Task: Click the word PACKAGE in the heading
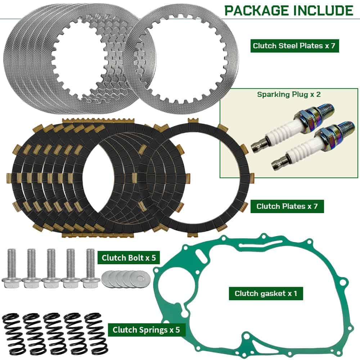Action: click(x=257, y=10)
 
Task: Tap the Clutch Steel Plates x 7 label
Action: click(x=294, y=46)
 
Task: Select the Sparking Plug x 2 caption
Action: click(x=289, y=94)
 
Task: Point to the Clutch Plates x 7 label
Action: click(x=287, y=206)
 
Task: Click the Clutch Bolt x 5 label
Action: click(x=129, y=258)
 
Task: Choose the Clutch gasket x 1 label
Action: click(x=266, y=293)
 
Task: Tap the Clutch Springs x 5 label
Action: click(x=146, y=330)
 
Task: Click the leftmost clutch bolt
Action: click(x=11, y=268)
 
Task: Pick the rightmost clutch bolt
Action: click(x=90, y=268)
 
